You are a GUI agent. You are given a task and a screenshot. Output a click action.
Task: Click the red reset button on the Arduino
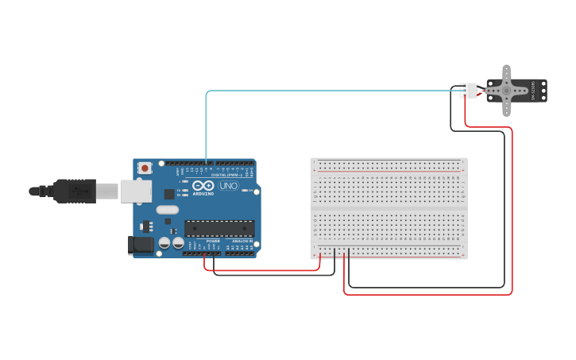click(145, 168)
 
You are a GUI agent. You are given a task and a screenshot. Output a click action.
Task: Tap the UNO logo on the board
click(228, 186)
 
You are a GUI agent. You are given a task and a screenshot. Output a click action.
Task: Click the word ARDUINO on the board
click(203, 193)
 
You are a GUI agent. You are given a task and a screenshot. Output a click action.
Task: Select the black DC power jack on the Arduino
click(141, 246)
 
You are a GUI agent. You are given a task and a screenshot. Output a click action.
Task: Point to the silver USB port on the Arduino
click(136, 191)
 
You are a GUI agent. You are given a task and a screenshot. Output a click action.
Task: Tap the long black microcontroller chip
click(219, 229)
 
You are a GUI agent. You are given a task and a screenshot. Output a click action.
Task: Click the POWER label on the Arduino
click(213, 241)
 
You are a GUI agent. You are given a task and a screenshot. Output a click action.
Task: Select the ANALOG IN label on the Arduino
click(242, 241)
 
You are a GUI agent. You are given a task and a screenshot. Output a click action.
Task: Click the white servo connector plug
click(469, 91)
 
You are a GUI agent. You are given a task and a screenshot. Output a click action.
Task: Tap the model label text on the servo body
click(533, 91)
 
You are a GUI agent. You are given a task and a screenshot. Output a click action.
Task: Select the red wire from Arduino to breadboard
click(262, 270)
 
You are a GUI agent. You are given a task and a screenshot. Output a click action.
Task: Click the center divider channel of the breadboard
click(389, 208)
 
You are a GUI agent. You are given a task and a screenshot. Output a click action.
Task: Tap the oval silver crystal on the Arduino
click(168, 210)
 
